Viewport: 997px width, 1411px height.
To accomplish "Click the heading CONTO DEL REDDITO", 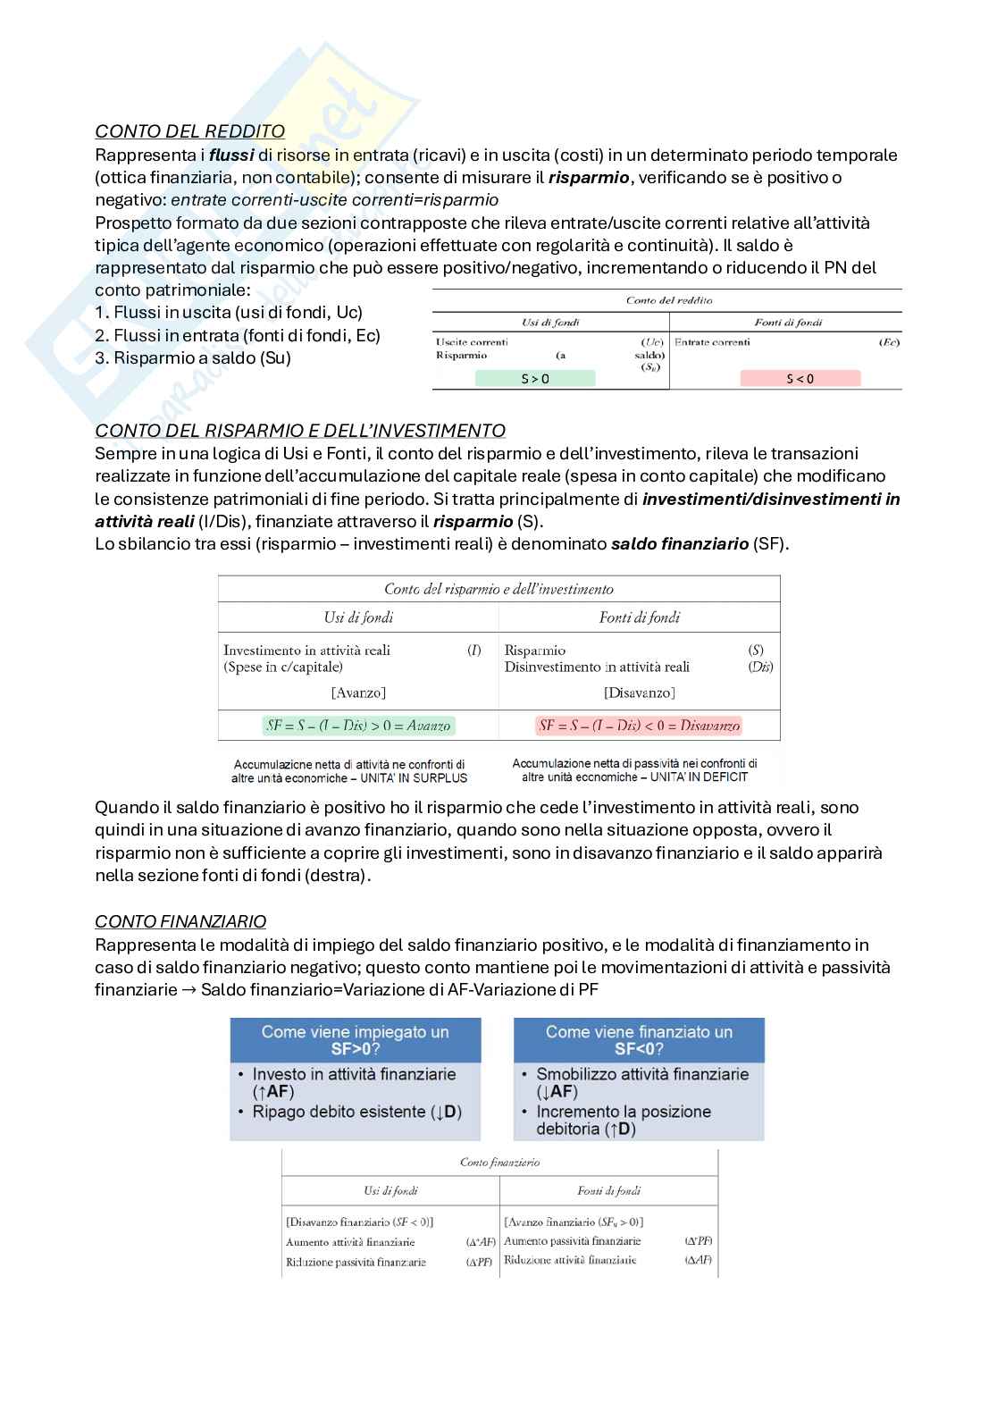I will click(189, 131).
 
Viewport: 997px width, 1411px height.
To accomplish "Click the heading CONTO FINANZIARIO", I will click(180, 921).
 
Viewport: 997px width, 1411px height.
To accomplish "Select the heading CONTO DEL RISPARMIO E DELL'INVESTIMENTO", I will click(300, 431).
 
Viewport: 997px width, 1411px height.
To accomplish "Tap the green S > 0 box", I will click(535, 379).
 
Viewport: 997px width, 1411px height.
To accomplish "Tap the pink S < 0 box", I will click(800, 379).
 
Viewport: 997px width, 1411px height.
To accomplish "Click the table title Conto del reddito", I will click(669, 300).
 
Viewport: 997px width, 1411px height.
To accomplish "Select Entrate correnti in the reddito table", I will click(712, 342).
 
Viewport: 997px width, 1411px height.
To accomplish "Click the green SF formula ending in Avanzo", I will click(358, 726).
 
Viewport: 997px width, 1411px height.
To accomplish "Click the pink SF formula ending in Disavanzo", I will click(639, 726).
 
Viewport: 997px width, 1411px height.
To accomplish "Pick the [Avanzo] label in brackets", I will click(358, 693).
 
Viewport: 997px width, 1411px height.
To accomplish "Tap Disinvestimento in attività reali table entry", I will click(597, 667).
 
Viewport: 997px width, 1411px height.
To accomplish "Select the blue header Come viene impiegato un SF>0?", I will click(355, 1039).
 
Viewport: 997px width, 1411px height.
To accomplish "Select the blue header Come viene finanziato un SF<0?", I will click(639, 1039).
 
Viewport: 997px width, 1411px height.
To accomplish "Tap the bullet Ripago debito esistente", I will click(356, 1112).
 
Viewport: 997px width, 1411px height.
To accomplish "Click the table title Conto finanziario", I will click(499, 1163).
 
